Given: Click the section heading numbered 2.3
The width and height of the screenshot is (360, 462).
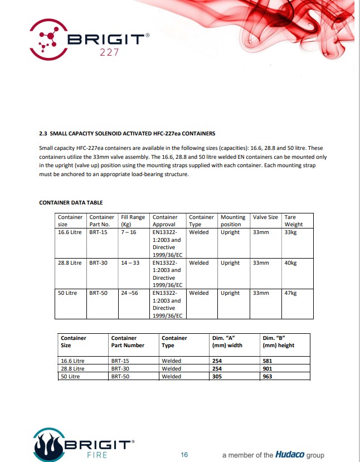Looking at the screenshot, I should (x=127, y=134).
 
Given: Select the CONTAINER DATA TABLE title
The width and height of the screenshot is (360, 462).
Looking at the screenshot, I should (x=71, y=202).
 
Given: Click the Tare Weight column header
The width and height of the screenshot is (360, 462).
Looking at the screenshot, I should (x=294, y=221).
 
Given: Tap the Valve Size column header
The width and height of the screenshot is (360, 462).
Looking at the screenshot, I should (x=265, y=217).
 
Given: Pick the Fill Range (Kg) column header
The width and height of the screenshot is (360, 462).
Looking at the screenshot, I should (x=133, y=221).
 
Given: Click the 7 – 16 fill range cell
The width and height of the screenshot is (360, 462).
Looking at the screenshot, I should (x=128, y=232).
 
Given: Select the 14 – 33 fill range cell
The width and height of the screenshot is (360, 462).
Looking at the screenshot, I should (x=130, y=262).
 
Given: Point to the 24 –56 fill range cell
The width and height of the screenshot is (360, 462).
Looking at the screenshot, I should (x=130, y=293).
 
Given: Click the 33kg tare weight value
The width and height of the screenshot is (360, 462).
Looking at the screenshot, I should (x=290, y=232).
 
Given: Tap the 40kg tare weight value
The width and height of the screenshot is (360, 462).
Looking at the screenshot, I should (x=290, y=262).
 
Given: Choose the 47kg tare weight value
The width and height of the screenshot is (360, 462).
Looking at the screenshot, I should (x=290, y=293).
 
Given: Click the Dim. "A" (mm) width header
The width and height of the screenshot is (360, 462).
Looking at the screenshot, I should (x=227, y=342).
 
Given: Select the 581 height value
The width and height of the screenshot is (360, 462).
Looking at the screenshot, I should (x=267, y=361).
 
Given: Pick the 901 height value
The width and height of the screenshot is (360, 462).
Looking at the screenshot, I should (x=267, y=369).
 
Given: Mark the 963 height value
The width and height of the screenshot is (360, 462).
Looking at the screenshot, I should (x=267, y=377).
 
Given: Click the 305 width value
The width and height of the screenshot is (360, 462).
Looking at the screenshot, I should (x=217, y=377).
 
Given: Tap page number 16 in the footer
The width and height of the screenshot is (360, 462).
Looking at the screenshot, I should (x=184, y=455).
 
